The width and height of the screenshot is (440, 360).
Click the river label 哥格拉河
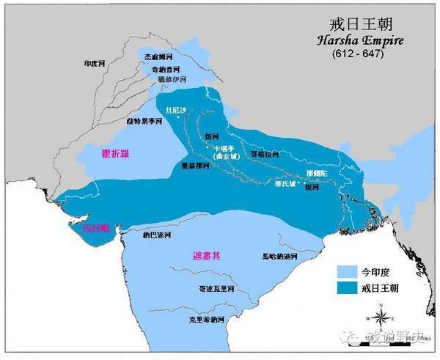tap(265, 155)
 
